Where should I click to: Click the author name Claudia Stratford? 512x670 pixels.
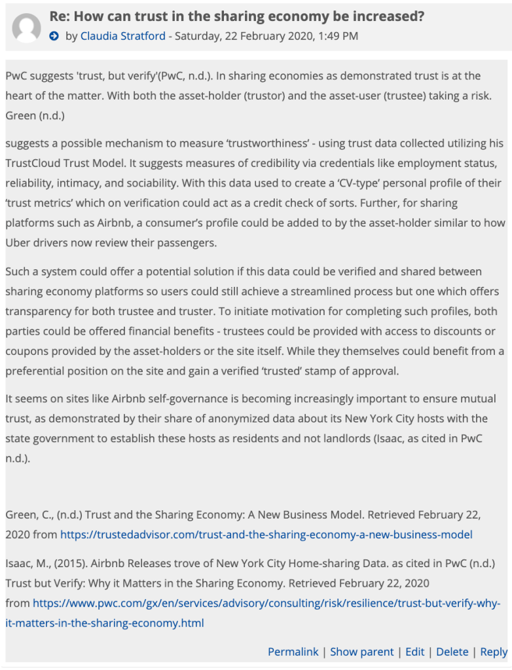pos(122,36)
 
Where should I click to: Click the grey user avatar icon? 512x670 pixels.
pos(27,27)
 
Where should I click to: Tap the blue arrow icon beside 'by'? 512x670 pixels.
pos(55,36)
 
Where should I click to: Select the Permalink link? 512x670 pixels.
pos(293,652)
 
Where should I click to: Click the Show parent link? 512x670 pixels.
pos(361,652)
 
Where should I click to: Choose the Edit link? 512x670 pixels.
pos(415,652)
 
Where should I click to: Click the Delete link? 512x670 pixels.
pos(452,652)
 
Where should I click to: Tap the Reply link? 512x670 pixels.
pos(494,652)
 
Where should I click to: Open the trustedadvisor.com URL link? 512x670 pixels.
pos(266,534)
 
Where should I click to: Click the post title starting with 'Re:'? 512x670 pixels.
pos(236,16)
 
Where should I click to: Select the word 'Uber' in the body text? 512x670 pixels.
pos(18,242)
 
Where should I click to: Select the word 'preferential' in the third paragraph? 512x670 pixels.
pos(37,371)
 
